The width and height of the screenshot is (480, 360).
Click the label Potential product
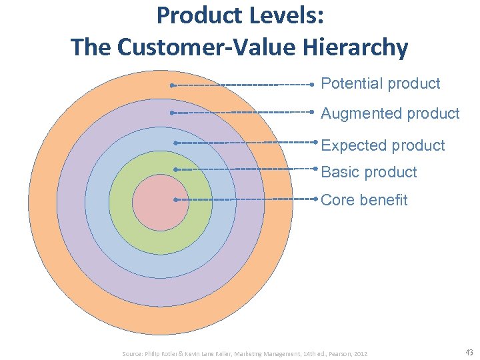[x=380, y=84]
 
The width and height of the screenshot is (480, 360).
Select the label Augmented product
[x=390, y=114]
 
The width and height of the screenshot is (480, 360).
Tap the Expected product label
[x=383, y=145]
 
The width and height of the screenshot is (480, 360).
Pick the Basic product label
[x=369, y=172]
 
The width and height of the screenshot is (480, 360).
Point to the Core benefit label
[x=364, y=200]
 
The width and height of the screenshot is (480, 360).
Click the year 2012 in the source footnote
[x=360, y=353]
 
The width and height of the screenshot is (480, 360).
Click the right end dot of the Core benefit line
[x=315, y=199]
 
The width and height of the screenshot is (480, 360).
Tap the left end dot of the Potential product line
[x=171, y=85]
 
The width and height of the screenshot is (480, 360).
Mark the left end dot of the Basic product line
[x=175, y=170]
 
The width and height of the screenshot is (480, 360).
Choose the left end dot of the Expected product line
[x=175, y=143]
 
